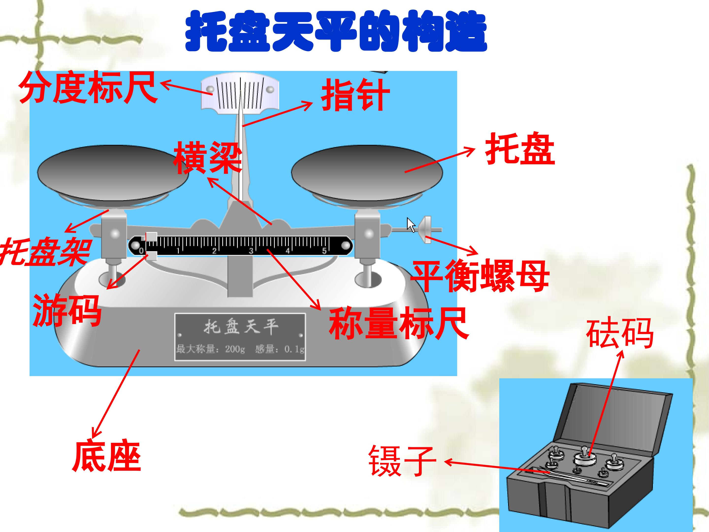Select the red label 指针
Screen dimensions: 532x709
(355, 95)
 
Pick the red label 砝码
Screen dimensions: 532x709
(620, 334)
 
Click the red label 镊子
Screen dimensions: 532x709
(402, 461)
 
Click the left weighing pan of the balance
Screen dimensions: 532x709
(113, 173)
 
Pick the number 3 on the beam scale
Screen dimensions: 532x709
(251, 251)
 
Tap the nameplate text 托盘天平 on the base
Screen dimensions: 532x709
(241, 327)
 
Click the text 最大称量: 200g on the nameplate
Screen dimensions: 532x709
(210, 349)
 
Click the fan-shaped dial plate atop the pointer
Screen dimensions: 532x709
(240, 93)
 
